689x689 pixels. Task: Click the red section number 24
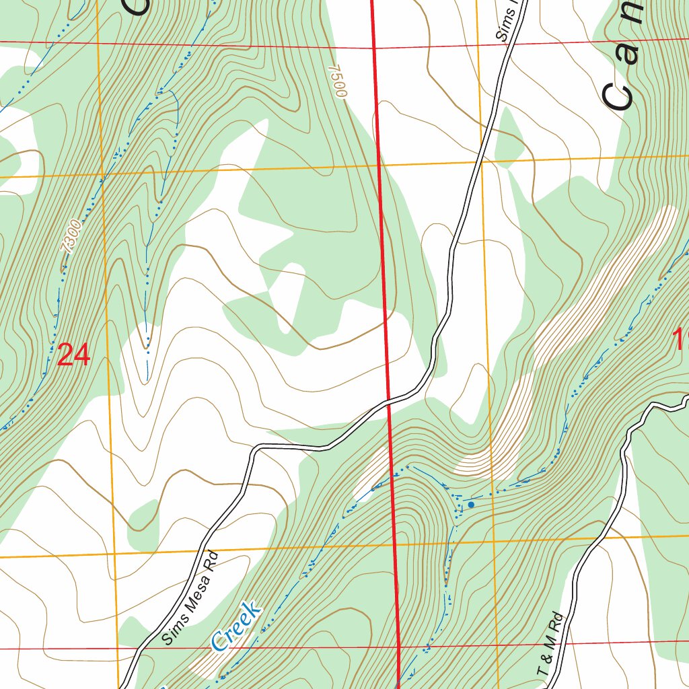coord(73,355)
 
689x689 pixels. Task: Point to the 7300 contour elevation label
coord(71,236)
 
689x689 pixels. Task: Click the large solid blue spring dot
coord(471,504)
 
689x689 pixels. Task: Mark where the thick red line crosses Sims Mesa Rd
coord(388,404)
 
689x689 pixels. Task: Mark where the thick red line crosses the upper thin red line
coord(373,48)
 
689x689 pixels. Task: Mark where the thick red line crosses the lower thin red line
coord(399,647)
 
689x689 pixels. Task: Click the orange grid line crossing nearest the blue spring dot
coord(494,542)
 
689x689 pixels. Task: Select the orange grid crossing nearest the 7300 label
coord(102,177)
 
